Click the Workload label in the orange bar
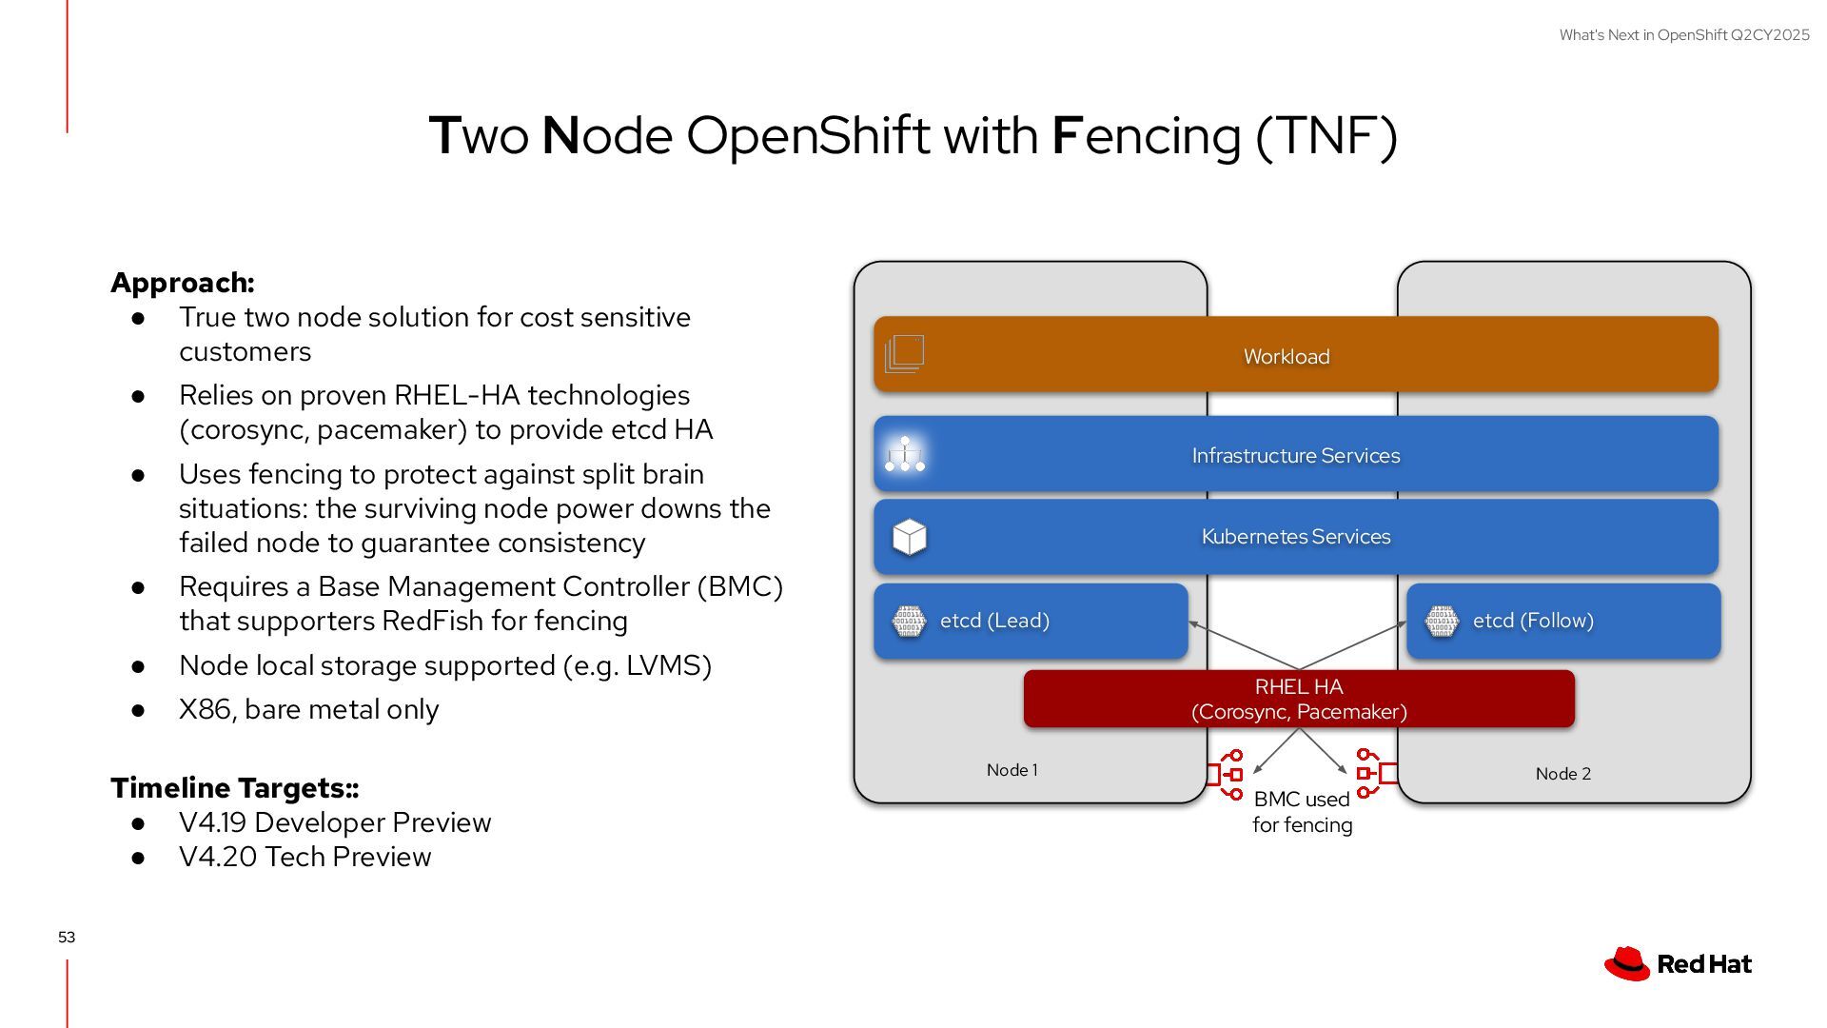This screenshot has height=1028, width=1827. tap(1287, 357)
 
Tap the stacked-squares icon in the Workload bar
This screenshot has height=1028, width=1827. tap(904, 354)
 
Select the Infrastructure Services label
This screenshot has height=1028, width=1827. tap(1296, 456)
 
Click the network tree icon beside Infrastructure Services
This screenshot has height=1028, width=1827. tap(905, 455)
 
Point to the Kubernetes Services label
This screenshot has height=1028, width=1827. tap(1296, 537)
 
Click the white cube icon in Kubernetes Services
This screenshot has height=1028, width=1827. tap(910, 537)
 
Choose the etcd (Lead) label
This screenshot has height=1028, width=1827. tap(994, 621)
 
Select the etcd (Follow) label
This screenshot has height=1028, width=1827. tap(1533, 621)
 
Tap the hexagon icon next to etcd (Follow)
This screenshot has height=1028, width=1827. tap(1442, 622)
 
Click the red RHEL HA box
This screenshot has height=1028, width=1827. tap(1299, 700)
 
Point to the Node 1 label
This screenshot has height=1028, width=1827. tap(1012, 770)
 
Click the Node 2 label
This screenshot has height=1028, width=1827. tap(1562, 774)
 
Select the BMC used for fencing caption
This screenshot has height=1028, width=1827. tap(1302, 812)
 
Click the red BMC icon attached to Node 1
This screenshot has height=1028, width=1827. tap(1226, 775)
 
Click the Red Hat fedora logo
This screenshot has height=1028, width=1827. tap(1627, 963)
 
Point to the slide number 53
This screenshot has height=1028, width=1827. tap(67, 938)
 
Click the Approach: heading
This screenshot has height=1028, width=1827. tap(183, 283)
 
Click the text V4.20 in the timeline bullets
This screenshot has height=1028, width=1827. tap(218, 858)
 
